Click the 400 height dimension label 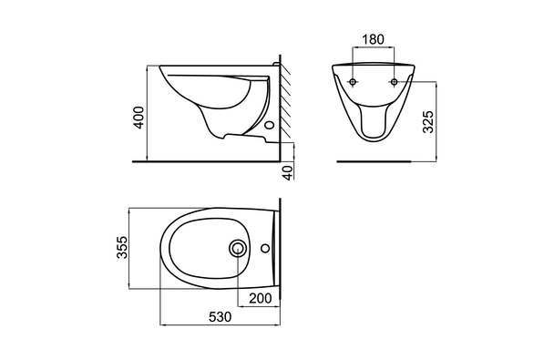pyautogui.click(x=139, y=118)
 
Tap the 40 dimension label pyautogui.click(x=289, y=173)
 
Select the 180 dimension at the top pyautogui.click(x=373, y=39)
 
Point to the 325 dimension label pyautogui.click(x=428, y=122)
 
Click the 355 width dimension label pyautogui.click(x=122, y=247)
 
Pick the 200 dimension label pyautogui.click(x=261, y=299)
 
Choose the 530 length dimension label pyautogui.click(x=221, y=317)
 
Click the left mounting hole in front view pyautogui.click(x=353, y=82)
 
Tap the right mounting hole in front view pyautogui.click(x=394, y=82)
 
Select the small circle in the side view pyautogui.click(x=270, y=125)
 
